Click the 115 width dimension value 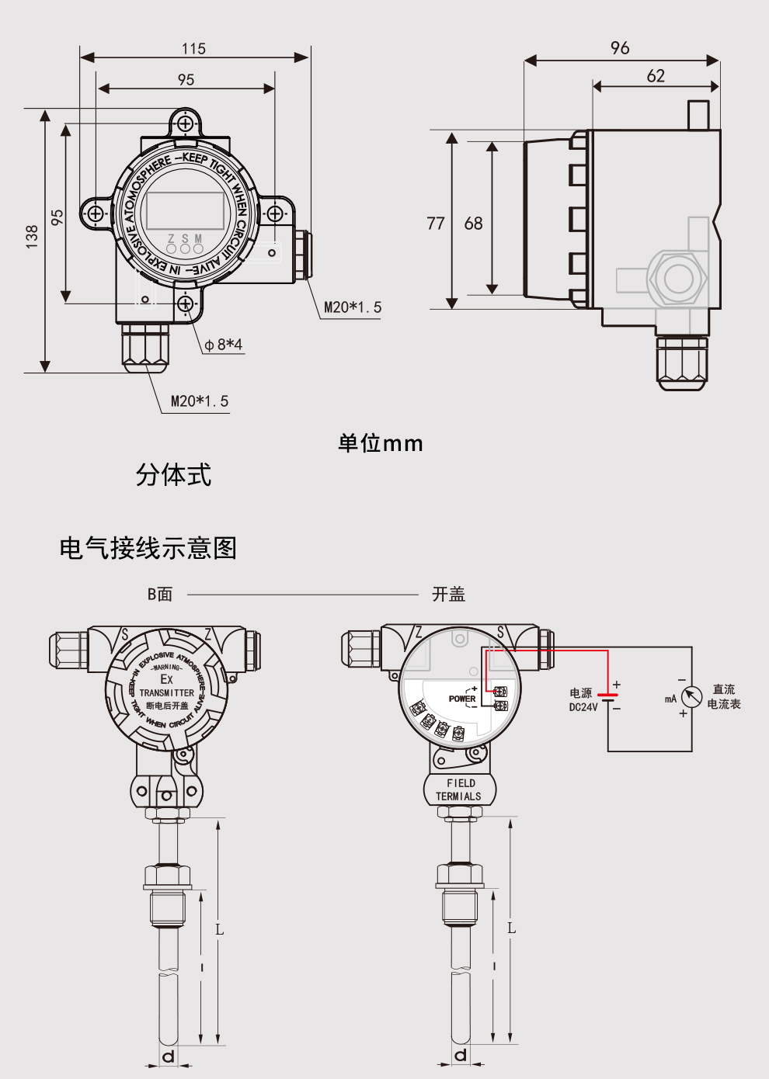[x=193, y=49]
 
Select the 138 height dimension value [x=32, y=236]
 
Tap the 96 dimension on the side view [x=620, y=48]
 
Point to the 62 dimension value [x=656, y=76]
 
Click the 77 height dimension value [x=436, y=224]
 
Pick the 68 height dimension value [x=473, y=224]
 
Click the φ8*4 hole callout [x=224, y=344]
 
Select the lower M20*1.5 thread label [x=200, y=401]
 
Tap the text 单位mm [x=381, y=443]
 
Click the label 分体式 [x=173, y=474]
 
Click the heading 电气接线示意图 [x=148, y=548]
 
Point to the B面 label [x=160, y=594]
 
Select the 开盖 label [x=448, y=594]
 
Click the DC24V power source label [x=583, y=707]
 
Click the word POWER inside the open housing [x=462, y=699]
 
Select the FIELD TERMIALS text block [x=459, y=789]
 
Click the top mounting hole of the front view [x=186, y=123]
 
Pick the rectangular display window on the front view [x=185, y=210]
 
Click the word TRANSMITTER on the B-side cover [x=167, y=692]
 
